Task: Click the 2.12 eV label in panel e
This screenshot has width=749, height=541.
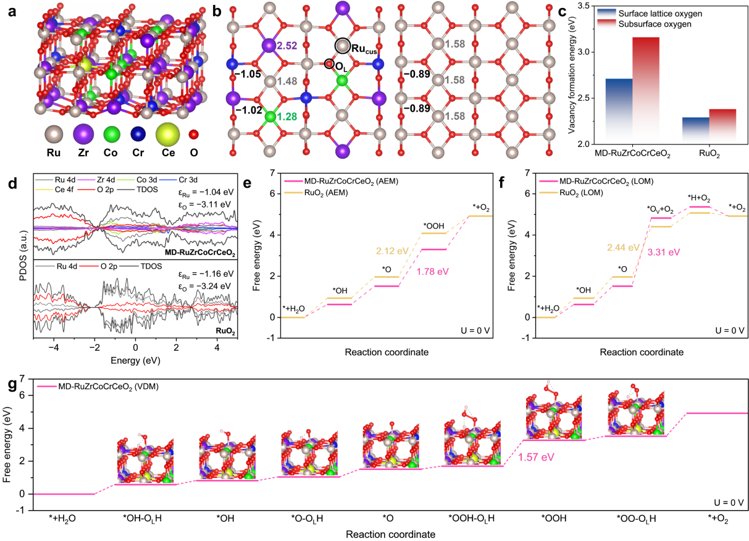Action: point(393,251)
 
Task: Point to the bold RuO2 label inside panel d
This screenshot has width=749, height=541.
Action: point(224,330)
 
